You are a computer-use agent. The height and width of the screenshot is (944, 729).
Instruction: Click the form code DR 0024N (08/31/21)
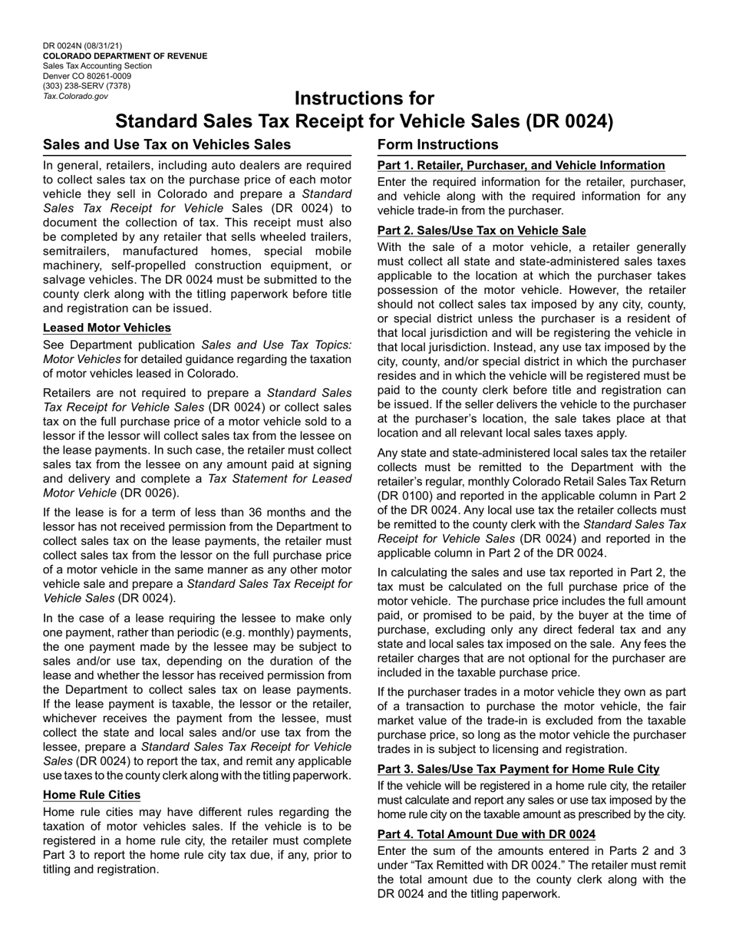82,46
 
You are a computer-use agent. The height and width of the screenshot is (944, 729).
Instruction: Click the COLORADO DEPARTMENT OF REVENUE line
124,56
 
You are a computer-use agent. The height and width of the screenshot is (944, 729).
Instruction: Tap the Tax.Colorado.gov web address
75,96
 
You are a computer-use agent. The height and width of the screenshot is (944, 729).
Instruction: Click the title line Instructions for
364,99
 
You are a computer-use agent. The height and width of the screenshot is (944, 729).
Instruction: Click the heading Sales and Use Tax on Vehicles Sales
167,144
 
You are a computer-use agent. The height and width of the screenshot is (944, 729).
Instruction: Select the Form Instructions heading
437,144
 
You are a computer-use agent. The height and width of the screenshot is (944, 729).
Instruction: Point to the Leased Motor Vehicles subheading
107,328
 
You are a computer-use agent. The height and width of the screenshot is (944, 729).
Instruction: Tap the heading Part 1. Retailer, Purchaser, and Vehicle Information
521,165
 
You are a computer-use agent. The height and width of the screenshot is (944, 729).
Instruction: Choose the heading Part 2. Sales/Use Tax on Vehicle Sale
481,230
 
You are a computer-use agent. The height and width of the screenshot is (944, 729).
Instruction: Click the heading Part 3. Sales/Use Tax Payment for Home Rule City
518,769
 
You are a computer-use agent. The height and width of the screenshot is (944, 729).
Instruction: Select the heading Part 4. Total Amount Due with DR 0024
486,833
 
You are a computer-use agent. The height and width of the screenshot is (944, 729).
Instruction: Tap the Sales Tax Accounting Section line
97,66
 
